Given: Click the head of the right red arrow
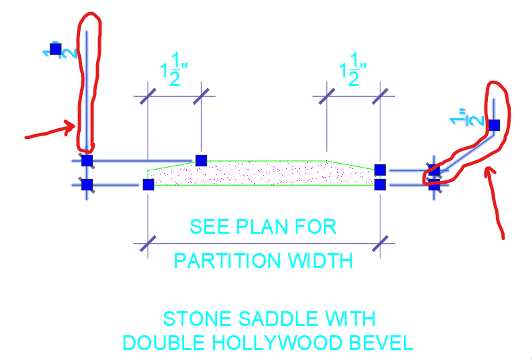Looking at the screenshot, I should click(x=489, y=172).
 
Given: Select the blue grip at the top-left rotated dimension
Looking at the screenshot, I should click(x=55, y=49).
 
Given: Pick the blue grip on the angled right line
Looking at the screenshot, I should click(x=494, y=125).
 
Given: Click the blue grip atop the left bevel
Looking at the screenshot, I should click(x=201, y=160).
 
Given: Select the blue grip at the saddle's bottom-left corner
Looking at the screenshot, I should click(x=148, y=184).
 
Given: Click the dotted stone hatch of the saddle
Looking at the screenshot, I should click(x=267, y=174).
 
